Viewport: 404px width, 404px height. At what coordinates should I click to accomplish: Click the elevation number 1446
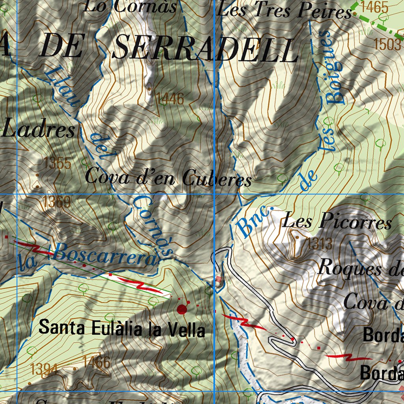click(170, 99)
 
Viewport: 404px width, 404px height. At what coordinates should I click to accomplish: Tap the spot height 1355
click(58, 163)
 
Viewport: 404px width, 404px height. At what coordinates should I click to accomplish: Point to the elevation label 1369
click(57, 202)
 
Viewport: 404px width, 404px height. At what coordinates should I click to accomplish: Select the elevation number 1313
click(320, 244)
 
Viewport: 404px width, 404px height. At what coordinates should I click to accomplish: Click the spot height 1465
click(374, 7)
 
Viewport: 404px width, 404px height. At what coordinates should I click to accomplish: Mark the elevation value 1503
click(388, 44)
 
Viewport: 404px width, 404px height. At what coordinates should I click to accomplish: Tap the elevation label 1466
click(97, 362)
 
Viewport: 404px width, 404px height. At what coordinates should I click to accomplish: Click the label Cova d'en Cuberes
click(168, 178)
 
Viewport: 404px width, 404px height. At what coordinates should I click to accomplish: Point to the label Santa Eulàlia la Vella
click(122, 328)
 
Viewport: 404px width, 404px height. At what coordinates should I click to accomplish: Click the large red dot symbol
click(182, 309)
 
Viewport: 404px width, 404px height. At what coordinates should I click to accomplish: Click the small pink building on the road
click(219, 280)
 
